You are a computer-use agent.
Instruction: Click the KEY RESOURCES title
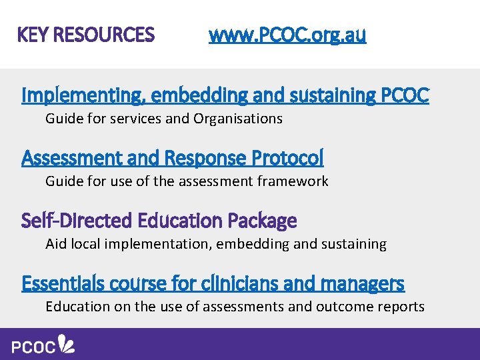point(86,34)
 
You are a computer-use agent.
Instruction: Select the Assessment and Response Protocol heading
point(173,158)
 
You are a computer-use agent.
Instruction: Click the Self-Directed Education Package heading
point(159,220)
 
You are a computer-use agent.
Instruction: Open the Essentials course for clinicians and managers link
point(213,283)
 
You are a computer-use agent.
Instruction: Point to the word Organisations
point(238,119)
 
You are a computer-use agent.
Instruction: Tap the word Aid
point(55,243)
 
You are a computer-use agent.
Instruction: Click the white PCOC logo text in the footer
point(33,347)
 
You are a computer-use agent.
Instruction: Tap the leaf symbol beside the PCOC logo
point(67,344)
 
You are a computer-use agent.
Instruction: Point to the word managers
point(362,283)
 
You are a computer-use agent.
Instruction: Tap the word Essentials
point(59,283)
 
